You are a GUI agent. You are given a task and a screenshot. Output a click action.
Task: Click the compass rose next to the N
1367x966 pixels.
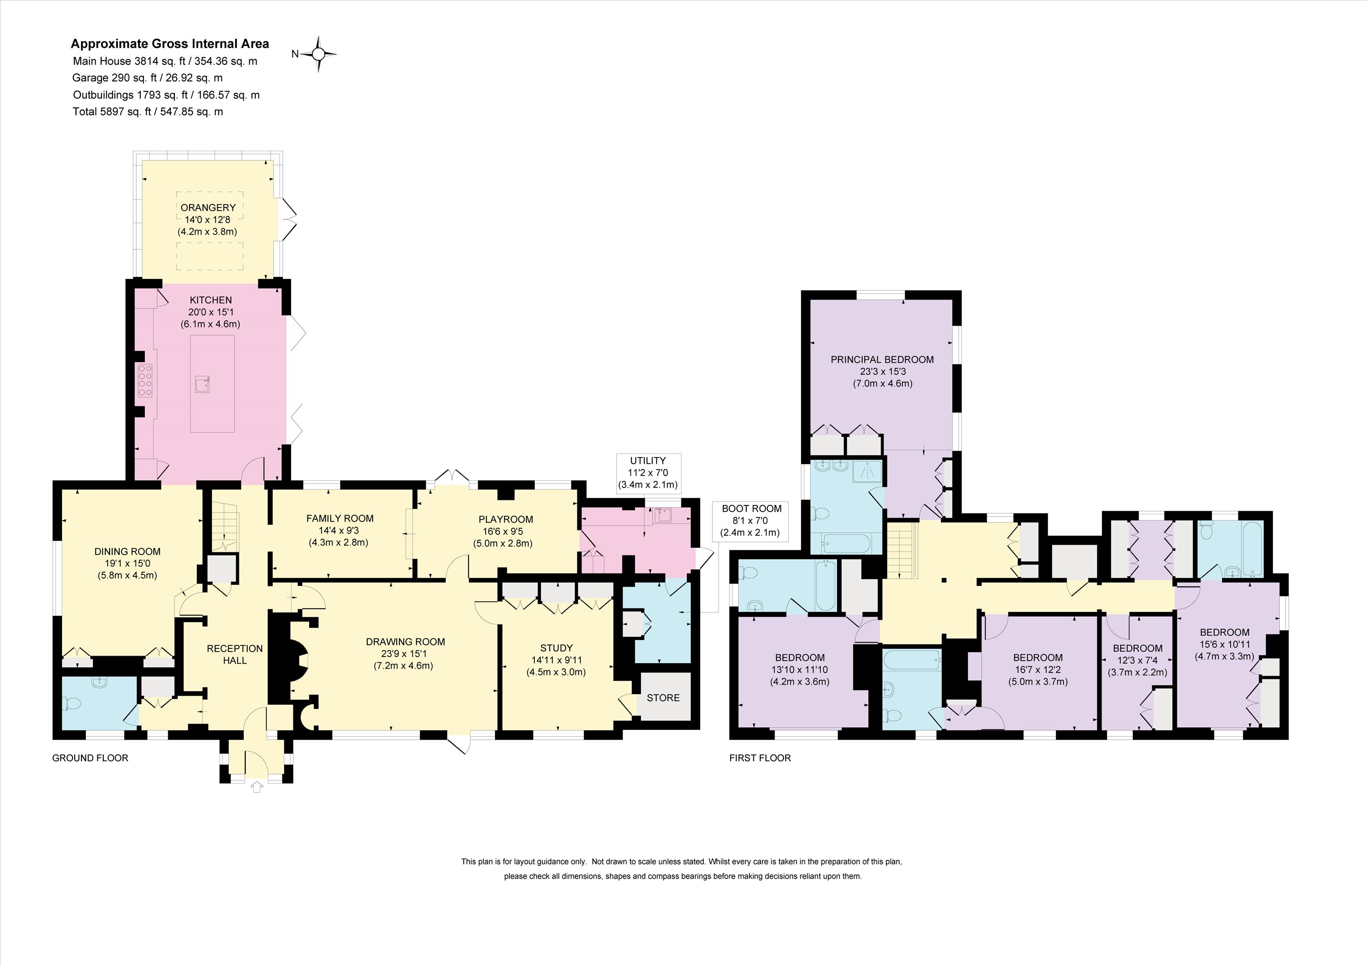point(318,54)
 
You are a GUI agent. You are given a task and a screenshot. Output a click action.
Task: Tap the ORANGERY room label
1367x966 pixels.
point(208,207)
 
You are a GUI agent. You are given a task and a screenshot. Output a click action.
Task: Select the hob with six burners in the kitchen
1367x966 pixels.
point(145,381)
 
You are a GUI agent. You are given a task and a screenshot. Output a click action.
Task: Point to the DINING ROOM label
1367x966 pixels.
point(127,551)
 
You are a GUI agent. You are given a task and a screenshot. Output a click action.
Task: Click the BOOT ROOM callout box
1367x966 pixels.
point(751,521)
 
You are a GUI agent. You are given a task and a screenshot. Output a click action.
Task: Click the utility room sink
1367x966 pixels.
point(663,515)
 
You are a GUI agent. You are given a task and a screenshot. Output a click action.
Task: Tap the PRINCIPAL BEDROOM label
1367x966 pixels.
point(882,360)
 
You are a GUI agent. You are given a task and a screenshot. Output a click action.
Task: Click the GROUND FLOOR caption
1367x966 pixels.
point(90,758)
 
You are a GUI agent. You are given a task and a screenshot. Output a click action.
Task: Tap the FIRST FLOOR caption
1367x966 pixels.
point(760,758)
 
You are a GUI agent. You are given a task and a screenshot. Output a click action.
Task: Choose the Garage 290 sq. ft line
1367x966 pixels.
point(148,77)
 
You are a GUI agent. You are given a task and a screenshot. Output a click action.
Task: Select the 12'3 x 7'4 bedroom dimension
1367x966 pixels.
point(1138,661)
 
